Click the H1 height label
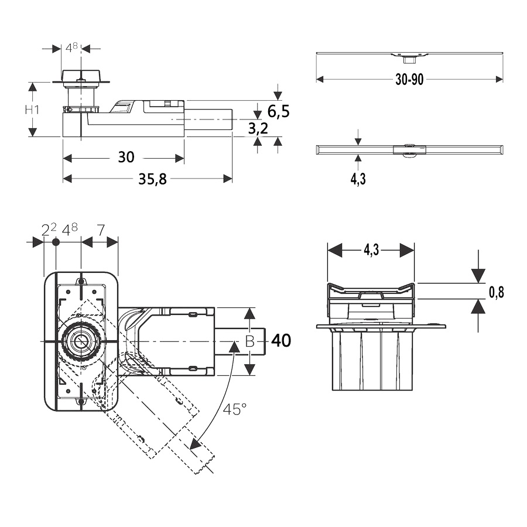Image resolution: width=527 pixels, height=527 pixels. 32,109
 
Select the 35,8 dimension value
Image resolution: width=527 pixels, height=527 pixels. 152,180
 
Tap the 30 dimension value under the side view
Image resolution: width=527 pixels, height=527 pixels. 126,157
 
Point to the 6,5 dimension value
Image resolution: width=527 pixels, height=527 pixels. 278,111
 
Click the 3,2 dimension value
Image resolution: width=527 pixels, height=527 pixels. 258,128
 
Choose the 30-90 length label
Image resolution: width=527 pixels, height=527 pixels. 409,80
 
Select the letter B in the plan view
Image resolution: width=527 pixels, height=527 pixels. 250,341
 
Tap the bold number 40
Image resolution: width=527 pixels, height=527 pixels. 281,340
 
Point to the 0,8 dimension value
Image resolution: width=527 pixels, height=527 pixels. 497,292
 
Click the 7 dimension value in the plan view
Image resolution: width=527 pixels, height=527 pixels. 100,230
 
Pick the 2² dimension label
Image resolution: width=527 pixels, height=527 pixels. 49,230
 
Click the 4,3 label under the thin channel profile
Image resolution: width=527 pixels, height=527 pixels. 358,179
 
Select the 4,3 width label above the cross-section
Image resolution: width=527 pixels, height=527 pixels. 371,250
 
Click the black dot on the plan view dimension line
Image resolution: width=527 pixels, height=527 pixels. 56,242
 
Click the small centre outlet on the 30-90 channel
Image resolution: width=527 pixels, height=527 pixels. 408,57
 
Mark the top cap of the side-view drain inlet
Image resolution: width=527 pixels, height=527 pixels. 81,76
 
